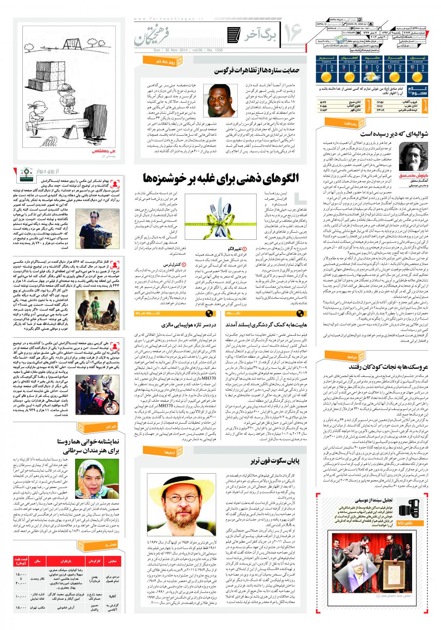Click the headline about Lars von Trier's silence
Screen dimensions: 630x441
click(270, 461)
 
